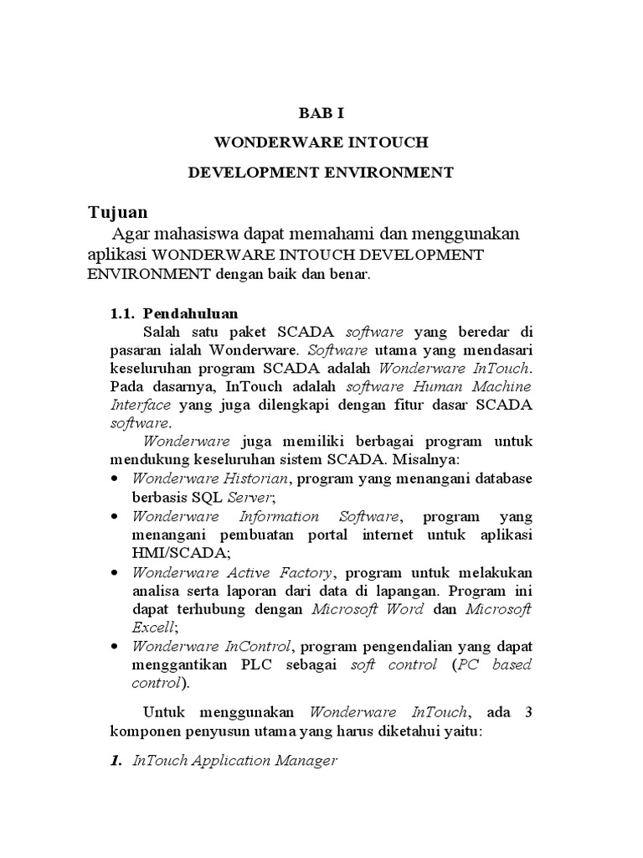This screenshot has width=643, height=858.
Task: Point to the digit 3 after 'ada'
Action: pyautogui.click(x=527, y=712)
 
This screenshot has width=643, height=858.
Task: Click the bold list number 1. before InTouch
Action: pyautogui.click(x=118, y=761)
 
